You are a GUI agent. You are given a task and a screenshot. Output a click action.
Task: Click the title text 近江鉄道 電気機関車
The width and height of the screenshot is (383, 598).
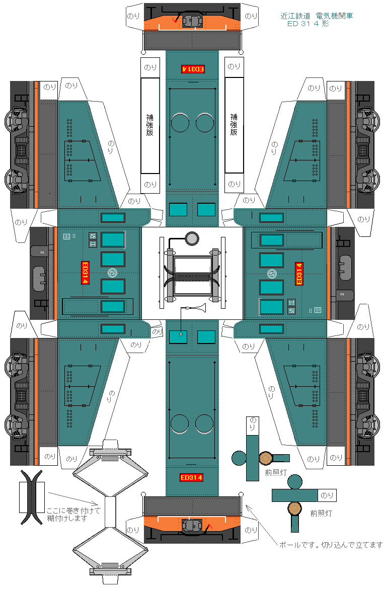[317, 16]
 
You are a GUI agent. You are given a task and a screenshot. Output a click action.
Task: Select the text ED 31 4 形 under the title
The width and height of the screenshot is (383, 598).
[308, 24]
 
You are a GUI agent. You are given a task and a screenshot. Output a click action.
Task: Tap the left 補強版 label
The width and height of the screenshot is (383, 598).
[150, 125]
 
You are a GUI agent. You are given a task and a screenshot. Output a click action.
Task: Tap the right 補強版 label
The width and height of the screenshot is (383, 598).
[234, 124]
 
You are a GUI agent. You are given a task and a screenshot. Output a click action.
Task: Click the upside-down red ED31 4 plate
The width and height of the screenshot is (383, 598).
[192, 69]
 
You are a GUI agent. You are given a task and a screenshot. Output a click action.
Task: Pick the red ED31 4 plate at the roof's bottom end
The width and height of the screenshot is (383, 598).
[191, 477]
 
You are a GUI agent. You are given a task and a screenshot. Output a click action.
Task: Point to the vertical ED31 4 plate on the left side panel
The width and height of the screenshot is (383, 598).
[85, 273]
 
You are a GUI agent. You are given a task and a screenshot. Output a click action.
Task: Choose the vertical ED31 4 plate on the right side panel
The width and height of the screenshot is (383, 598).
[299, 274]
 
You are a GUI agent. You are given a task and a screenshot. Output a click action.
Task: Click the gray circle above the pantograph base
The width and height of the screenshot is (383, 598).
[192, 238]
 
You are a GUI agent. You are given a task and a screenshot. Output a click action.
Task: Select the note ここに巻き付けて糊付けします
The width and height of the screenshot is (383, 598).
[73, 514]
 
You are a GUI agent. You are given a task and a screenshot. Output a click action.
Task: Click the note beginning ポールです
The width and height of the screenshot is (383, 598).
[331, 545]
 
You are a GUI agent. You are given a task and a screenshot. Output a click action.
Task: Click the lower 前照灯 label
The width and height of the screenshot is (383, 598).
[321, 514]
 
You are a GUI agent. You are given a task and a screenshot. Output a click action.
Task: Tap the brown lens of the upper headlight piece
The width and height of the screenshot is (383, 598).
[266, 458]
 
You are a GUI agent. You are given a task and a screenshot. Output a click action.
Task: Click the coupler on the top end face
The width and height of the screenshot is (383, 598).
[192, 21]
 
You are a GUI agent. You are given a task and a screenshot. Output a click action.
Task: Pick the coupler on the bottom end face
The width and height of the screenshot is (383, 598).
[192, 526]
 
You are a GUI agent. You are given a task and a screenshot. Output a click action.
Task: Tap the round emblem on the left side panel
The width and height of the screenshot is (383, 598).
[112, 273]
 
